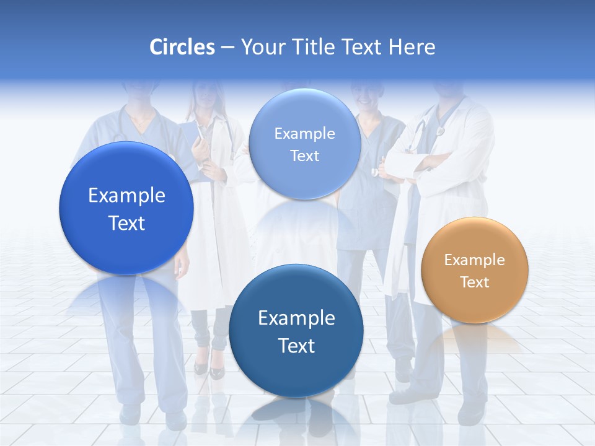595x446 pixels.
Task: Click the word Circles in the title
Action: (x=182, y=47)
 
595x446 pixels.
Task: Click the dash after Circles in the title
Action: (x=227, y=48)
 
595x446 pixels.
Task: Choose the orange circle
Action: (x=475, y=270)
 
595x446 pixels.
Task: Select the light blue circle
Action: (x=304, y=144)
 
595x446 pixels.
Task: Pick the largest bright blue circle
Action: (x=126, y=208)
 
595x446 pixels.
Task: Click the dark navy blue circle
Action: (x=296, y=331)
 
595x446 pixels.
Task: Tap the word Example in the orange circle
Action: (x=475, y=260)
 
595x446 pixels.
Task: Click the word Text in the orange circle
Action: (x=475, y=282)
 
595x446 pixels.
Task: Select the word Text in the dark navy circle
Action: (x=296, y=346)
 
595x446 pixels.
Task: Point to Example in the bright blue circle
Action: (x=126, y=196)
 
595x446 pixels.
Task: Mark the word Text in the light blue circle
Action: (x=304, y=156)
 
